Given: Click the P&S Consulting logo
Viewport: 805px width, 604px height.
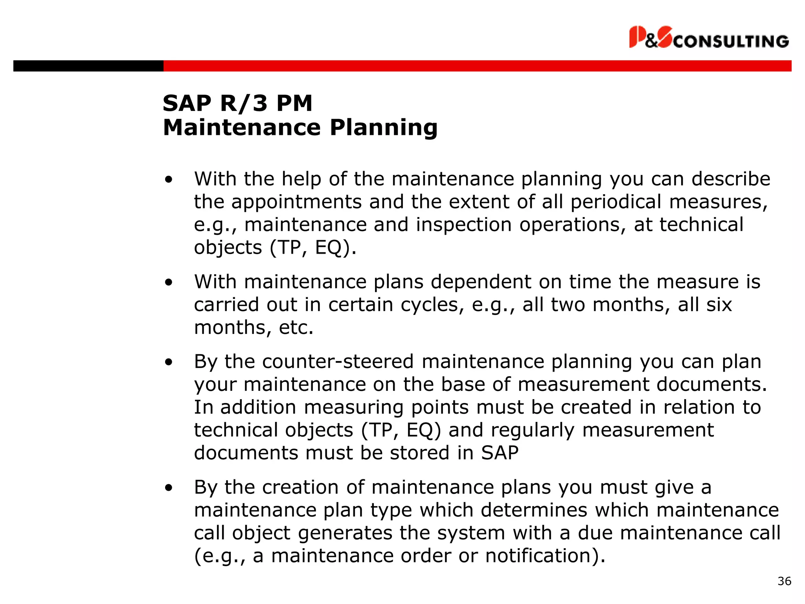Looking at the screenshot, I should coord(709,38).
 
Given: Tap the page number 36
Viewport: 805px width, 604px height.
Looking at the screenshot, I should coord(784,581).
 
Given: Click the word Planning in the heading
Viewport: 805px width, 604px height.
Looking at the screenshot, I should coord(383,128).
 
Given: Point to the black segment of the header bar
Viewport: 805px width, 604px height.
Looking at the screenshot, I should coord(88,66).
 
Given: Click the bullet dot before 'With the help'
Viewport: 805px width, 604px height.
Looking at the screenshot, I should coord(169,180).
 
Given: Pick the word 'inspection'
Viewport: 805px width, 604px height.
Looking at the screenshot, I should coord(464,225).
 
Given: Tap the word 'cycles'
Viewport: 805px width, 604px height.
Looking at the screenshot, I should coord(430,305).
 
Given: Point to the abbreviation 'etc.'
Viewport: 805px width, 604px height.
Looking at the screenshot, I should coord(296,328).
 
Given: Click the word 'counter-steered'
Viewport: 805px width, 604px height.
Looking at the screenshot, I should coord(338,362).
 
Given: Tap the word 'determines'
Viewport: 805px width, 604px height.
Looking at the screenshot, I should coord(534,510).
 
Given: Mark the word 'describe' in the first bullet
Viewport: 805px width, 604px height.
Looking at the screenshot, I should coord(731,179).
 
